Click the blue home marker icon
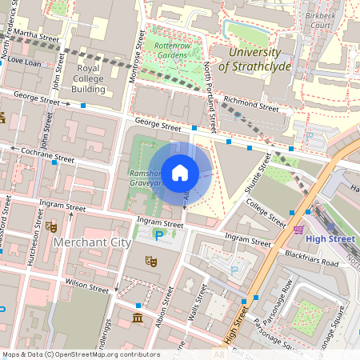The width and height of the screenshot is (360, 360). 180,172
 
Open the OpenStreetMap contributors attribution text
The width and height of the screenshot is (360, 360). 80,354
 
